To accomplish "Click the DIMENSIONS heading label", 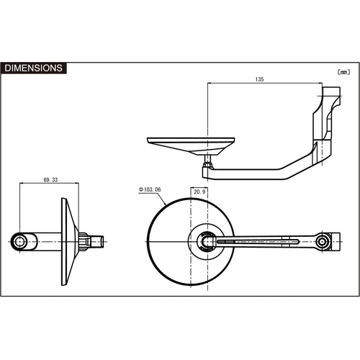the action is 33,68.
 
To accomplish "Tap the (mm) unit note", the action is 343,72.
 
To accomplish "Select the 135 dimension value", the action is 259,79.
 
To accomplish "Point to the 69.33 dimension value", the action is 50,180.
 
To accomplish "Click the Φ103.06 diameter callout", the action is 150,189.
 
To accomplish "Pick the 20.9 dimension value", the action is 199,192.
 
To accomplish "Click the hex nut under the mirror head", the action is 207,165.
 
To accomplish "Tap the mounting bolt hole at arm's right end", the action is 322,242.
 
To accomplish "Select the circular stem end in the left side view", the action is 19,242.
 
